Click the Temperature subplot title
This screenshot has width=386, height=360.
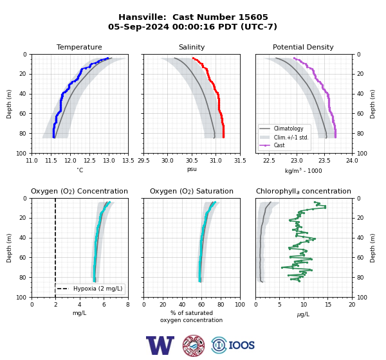tap(79, 47)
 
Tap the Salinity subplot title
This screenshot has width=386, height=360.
tap(192, 47)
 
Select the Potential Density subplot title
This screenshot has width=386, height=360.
tap(303, 47)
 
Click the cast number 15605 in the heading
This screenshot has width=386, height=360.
tap(253, 17)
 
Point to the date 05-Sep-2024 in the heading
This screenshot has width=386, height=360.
tap(138, 26)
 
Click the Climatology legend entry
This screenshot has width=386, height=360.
tap(288, 129)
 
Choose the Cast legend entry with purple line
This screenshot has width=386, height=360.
tap(279, 145)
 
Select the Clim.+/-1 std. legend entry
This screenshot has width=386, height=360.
tap(291, 138)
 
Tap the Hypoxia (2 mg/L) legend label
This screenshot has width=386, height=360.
tap(98, 289)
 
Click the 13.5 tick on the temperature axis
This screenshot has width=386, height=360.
tap(128, 161)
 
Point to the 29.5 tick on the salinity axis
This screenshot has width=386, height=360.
tap(143, 161)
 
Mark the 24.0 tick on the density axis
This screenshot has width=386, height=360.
tap(352, 161)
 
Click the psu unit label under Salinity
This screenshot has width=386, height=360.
tap(192, 169)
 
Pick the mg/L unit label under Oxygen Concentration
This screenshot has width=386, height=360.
tap(80, 313)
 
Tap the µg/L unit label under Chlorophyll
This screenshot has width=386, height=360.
tap(303, 314)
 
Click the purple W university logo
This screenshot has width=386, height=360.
tap(160, 345)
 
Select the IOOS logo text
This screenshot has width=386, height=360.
tap(241, 345)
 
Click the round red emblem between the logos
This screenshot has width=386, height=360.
tap(194, 345)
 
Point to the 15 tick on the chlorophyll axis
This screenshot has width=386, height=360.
tap(328, 305)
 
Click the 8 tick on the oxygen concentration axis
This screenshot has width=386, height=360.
tap(128, 305)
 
